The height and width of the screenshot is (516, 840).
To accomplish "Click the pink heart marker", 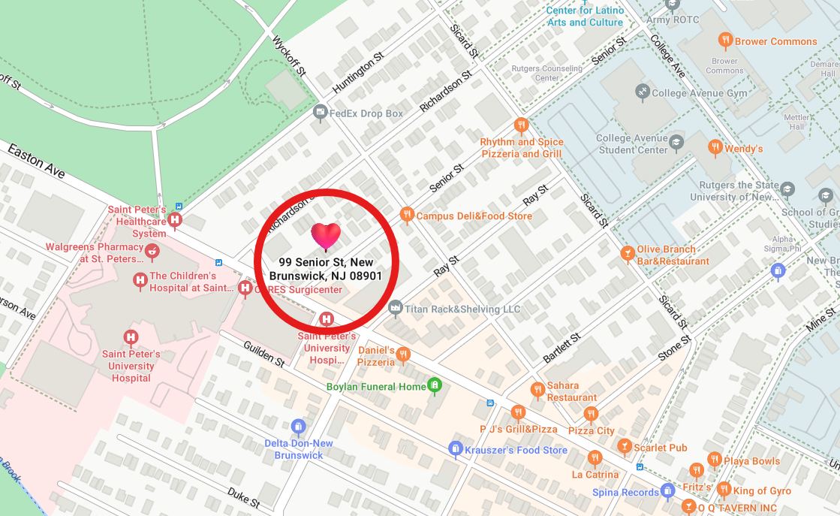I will [x=326, y=237].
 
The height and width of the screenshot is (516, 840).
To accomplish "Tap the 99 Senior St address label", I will [x=326, y=269].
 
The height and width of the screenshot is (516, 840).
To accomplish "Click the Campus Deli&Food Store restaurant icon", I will [x=407, y=216].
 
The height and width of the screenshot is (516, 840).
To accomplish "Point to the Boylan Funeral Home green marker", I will [x=434, y=386].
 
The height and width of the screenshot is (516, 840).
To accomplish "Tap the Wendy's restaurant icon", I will [x=715, y=148].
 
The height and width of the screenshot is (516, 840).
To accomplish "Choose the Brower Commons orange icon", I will [x=725, y=41].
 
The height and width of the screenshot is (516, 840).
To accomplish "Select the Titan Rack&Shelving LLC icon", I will [x=396, y=308].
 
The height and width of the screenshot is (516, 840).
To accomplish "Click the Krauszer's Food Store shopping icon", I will [x=455, y=449].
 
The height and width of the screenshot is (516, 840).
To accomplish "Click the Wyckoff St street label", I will [x=290, y=56].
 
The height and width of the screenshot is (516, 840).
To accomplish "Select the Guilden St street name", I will [x=263, y=353].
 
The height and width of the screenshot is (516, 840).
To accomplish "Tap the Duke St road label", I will [x=243, y=496].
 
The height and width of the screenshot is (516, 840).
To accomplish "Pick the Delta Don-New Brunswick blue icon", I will [x=299, y=427].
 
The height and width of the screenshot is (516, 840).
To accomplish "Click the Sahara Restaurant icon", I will [x=537, y=390].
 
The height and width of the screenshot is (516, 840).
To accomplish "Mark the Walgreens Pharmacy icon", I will [x=152, y=251].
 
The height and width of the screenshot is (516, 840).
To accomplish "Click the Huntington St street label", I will [x=358, y=73].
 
